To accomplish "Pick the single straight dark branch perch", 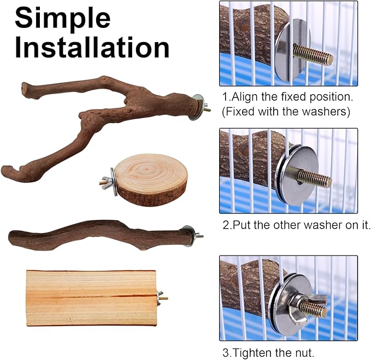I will tap(93, 235).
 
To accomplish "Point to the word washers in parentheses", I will tap(322, 112).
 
